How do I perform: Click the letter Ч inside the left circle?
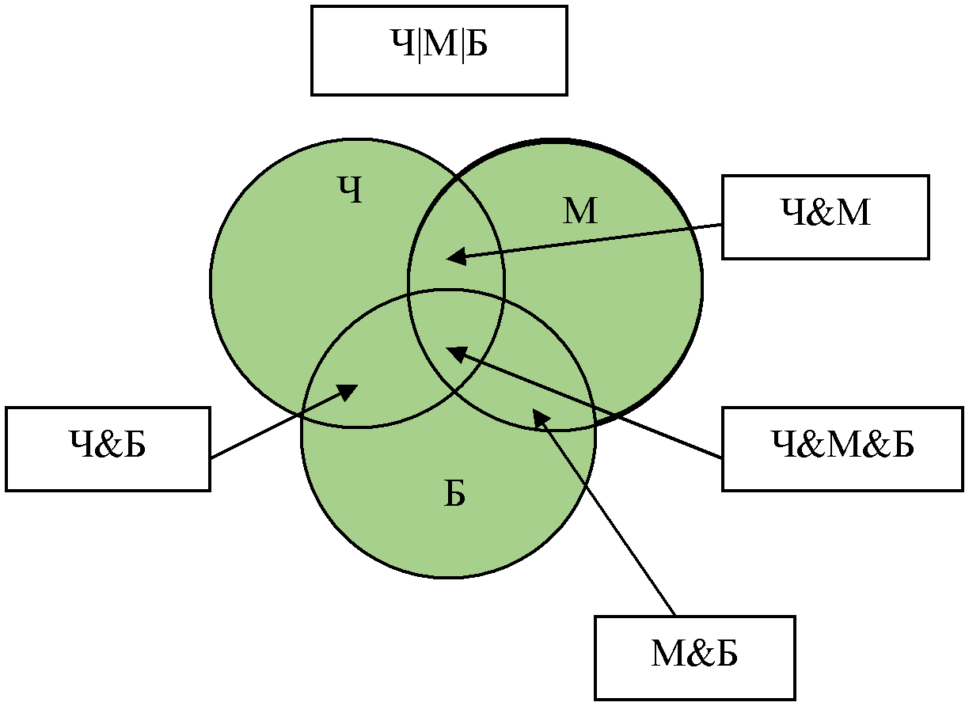350,189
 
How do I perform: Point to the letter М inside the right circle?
580,211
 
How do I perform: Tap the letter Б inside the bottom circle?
454,493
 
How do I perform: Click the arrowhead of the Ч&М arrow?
455,256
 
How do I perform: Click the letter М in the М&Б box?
670,654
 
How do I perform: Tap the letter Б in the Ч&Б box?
134,444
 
